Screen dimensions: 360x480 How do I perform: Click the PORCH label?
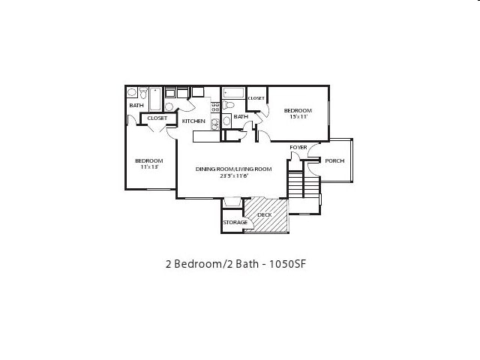334,160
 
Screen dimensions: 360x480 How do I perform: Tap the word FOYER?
298,147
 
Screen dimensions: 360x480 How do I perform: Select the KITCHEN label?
193,121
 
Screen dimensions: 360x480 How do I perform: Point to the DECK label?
264,215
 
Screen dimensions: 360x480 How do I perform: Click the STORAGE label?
235,223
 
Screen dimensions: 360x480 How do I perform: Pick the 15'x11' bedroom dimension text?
298,117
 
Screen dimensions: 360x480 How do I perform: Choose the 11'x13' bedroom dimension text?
149,166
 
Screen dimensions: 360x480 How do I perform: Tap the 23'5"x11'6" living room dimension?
233,176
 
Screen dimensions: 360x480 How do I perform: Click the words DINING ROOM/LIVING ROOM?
233,169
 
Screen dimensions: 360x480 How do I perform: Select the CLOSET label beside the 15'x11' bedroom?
256,98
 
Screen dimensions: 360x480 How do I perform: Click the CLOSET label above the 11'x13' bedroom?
157,118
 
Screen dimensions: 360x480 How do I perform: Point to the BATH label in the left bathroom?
136,106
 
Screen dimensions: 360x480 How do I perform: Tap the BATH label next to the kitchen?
241,117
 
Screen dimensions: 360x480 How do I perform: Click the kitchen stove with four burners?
214,107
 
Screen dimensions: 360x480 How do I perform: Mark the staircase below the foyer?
295,184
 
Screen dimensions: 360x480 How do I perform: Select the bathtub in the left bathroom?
154,98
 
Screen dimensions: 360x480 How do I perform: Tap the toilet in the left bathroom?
132,93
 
